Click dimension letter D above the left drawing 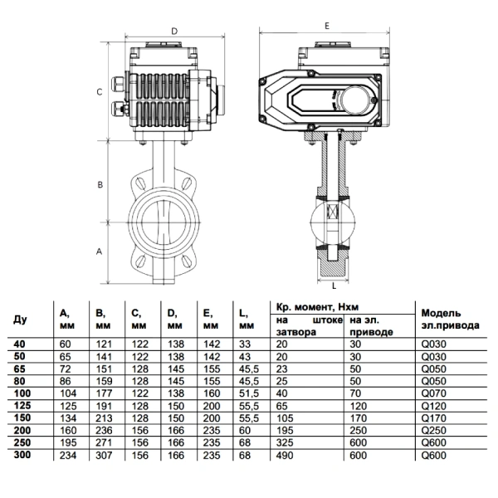click(x=174, y=32)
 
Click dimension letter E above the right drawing click(x=327, y=26)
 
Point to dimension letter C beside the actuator click(x=100, y=92)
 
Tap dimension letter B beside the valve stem click(x=100, y=184)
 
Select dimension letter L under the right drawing click(x=334, y=286)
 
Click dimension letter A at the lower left click(x=100, y=251)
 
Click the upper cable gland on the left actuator click(x=118, y=83)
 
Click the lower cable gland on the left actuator click(x=118, y=109)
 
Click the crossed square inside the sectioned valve click(x=333, y=212)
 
